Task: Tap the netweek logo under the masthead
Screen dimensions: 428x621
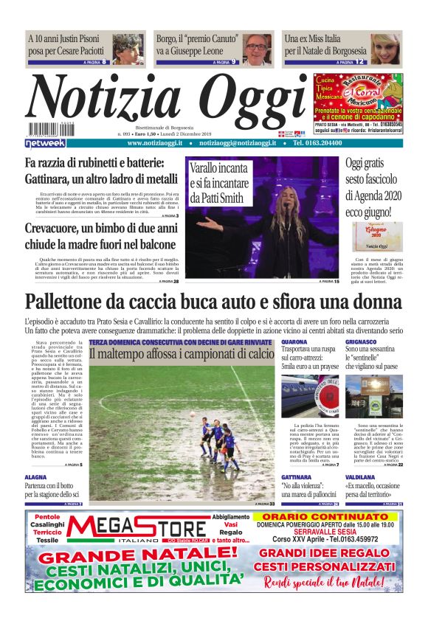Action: tap(46, 142)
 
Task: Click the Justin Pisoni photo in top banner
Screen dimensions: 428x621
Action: tap(128, 48)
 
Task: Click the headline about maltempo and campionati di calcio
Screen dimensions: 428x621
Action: tap(182, 355)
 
